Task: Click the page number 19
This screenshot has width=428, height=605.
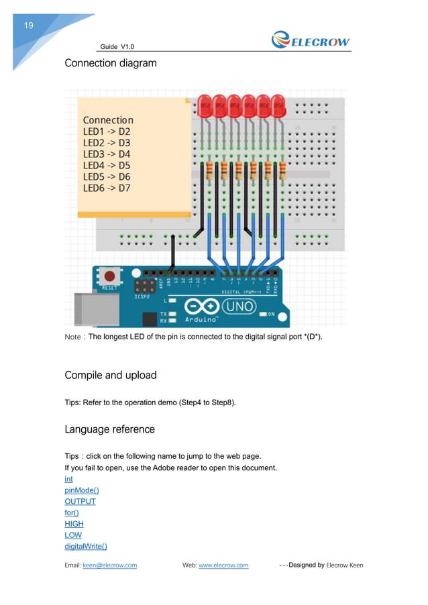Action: pyautogui.click(x=29, y=25)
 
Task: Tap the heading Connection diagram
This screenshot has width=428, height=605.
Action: pyautogui.click(x=110, y=64)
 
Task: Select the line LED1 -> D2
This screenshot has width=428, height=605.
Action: pyautogui.click(x=107, y=131)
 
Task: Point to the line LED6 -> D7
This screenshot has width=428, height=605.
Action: pyautogui.click(x=107, y=188)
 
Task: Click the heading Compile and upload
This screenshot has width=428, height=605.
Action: pyautogui.click(x=110, y=375)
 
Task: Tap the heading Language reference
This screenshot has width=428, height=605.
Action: pyautogui.click(x=109, y=429)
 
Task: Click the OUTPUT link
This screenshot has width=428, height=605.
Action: pyautogui.click(x=80, y=501)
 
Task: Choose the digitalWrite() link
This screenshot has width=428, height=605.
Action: pyautogui.click(x=85, y=546)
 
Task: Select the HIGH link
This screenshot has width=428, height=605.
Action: pyautogui.click(x=74, y=524)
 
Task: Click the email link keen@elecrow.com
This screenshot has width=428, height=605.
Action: pyautogui.click(x=109, y=565)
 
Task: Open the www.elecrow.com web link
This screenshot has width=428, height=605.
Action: pyautogui.click(x=223, y=565)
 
